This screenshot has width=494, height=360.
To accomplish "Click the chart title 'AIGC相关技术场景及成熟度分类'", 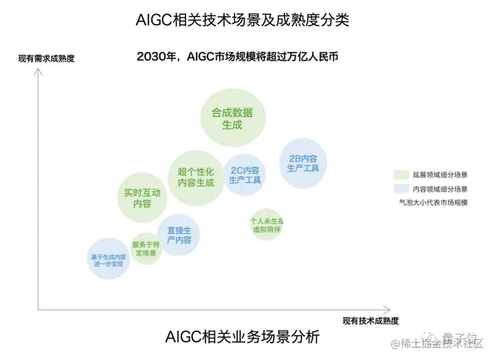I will pos(247,19).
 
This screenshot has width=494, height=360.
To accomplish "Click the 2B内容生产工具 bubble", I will pos(303,162).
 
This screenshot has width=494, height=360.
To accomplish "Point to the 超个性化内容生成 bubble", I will pos(196,177).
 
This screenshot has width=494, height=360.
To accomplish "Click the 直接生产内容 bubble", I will pos(178,236).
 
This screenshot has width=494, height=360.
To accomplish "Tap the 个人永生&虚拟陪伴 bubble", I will pos(266,224).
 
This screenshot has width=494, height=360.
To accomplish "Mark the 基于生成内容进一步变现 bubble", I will pos(108,258).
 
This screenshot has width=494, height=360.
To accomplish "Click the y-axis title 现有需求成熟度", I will pos(46,57).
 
